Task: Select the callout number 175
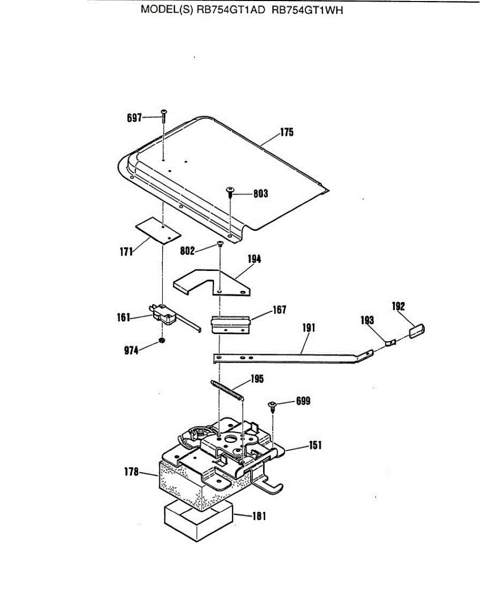(286, 133)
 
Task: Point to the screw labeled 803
(230, 191)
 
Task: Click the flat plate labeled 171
(158, 231)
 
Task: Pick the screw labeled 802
(220, 245)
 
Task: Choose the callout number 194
(254, 259)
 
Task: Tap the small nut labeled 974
(161, 340)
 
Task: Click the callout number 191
(308, 328)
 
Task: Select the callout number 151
(315, 445)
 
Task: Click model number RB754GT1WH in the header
(308, 10)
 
